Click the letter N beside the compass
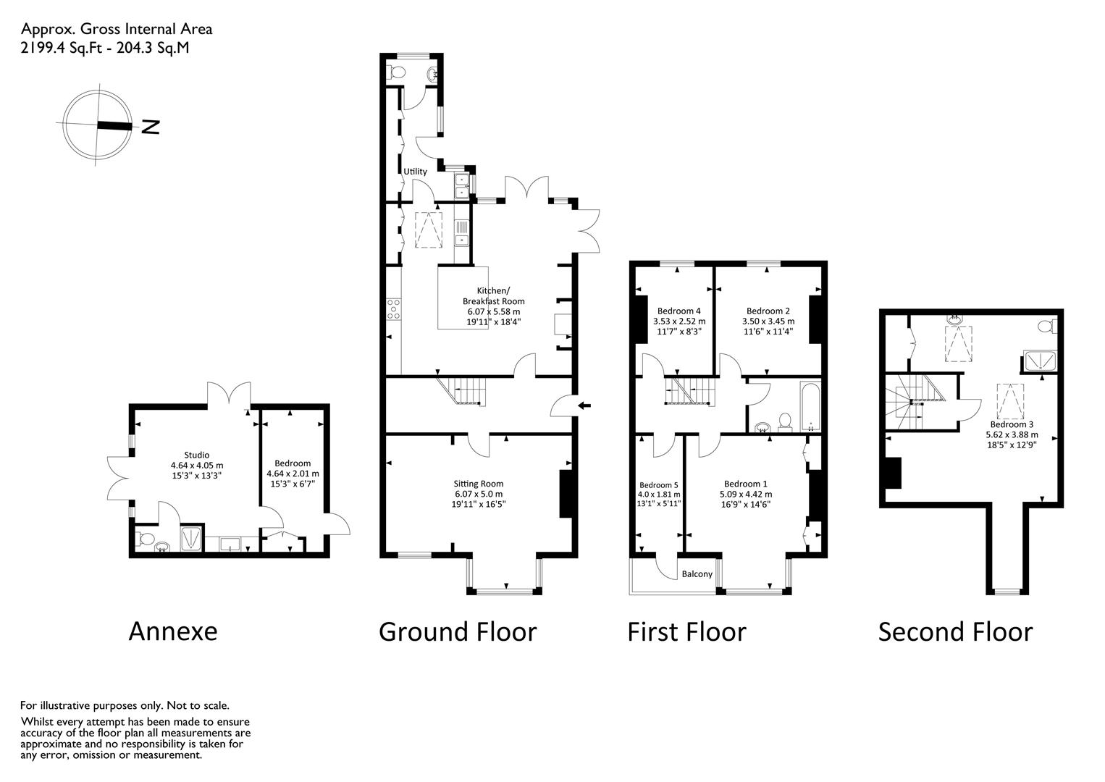tap(151, 127)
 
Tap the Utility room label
tap(415, 172)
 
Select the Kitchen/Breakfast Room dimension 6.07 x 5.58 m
tap(493, 312)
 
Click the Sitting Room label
tap(479, 484)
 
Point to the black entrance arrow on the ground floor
tap(584, 406)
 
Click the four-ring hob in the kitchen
tap(394, 309)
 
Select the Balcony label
tap(697, 574)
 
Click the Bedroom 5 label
tap(658, 485)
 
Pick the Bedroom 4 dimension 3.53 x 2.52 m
tap(679, 321)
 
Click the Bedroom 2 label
tap(768, 311)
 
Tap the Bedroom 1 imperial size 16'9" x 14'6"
tap(745, 505)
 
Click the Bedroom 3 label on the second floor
tap(1012, 424)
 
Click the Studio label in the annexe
tap(197, 455)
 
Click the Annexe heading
tap(172, 632)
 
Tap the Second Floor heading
tap(956, 632)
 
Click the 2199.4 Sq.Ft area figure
tap(61, 48)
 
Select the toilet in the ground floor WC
tap(395, 73)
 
